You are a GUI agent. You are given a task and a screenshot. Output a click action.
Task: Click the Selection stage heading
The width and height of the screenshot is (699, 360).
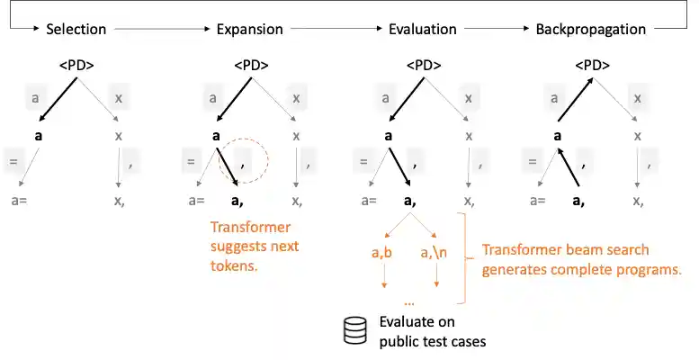76,29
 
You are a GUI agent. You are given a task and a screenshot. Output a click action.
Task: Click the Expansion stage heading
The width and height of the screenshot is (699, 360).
249,29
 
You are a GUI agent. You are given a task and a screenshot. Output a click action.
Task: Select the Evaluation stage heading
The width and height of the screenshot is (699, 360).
422,29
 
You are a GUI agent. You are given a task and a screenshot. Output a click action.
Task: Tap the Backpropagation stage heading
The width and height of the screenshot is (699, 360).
590,29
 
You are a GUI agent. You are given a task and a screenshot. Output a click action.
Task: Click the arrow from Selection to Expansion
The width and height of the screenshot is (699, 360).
160,30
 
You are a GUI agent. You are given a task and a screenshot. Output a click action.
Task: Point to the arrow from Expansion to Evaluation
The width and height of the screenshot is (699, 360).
334,30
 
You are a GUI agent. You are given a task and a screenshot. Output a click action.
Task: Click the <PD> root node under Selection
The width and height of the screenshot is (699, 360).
76,65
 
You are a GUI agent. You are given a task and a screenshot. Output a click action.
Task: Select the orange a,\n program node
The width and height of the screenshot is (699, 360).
437,255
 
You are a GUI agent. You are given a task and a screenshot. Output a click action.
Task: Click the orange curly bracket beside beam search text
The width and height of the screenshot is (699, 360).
466,258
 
